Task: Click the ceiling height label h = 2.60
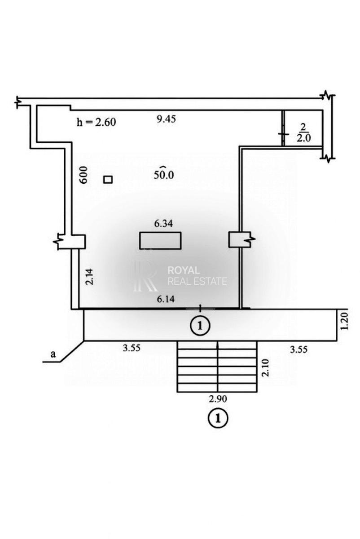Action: point(96,122)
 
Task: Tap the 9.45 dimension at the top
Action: point(166,119)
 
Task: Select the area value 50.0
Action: point(164,174)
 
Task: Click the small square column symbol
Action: point(108,180)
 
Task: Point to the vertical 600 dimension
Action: point(84,175)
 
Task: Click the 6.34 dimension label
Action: point(163,224)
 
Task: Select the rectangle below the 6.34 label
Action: point(160,240)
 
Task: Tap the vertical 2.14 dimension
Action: point(89,277)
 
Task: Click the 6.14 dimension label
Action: point(166,299)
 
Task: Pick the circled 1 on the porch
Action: point(200,326)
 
